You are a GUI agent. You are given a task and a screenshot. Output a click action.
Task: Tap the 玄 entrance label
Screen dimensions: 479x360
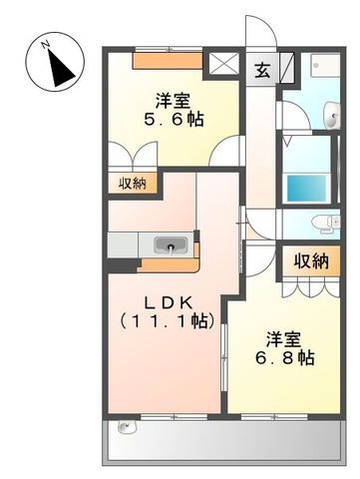(x=261, y=71)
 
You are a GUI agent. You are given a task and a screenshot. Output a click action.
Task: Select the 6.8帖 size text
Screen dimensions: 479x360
(x=288, y=356)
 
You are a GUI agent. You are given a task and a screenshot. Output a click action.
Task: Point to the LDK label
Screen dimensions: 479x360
(x=165, y=301)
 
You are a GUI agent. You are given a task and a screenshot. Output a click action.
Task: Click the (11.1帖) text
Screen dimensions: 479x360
(x=165, y=321)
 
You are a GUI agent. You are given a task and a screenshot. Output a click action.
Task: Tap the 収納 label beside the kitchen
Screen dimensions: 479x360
(x=132, y=183)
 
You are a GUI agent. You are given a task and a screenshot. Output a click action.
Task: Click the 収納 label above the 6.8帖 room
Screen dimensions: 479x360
(x=310, y=261)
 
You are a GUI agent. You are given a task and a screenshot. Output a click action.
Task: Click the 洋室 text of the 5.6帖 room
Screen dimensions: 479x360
(x=174, y=100)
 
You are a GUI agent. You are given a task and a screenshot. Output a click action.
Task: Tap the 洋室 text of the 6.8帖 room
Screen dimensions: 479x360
(x=288, y=335)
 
